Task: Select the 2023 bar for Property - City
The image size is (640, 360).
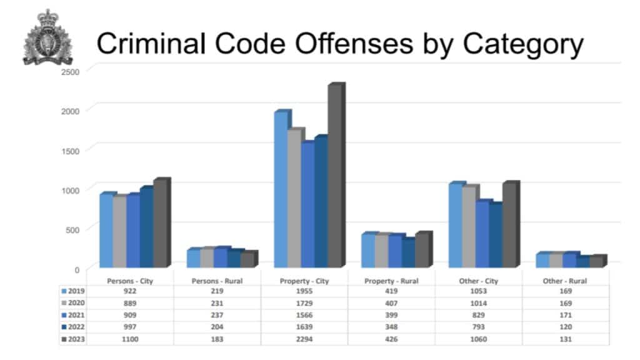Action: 336,175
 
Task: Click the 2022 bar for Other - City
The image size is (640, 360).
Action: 496,235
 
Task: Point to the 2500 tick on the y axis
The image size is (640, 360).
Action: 70,72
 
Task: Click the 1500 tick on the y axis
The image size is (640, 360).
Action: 70,151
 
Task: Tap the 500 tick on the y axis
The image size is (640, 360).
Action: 72,229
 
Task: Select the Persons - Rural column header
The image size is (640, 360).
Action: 216,281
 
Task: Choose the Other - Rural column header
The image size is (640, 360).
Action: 565,281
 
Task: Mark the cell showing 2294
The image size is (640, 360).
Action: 304,338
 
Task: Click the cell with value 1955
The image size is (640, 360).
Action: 304,291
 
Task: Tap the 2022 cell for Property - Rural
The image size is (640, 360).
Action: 391,326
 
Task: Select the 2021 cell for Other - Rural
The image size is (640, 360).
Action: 565,314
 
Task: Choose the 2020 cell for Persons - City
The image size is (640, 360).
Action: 129,302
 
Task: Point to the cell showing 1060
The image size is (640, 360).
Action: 478,338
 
